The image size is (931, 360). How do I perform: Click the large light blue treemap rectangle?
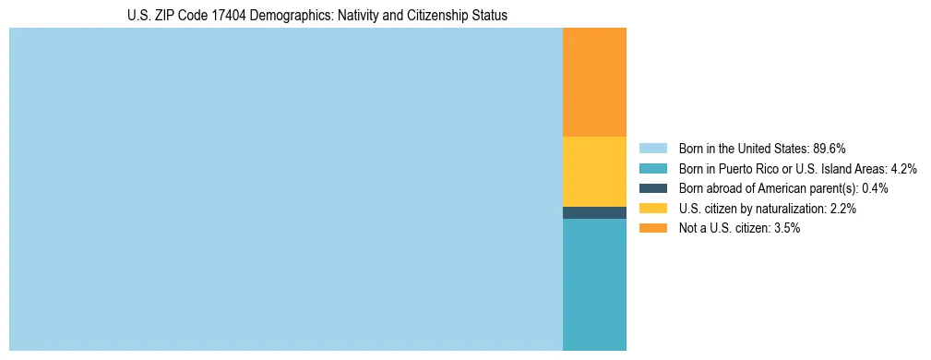tap(285, 189)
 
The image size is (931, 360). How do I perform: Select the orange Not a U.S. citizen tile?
tap(594, 82)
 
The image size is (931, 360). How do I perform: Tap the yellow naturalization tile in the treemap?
tap(594, 171)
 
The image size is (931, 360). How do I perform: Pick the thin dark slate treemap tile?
tap(594, 212)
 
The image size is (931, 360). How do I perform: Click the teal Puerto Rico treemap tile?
tap(594, 284)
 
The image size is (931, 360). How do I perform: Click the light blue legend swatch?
tap(652, 148)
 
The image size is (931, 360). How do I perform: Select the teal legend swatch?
tap(652, 168)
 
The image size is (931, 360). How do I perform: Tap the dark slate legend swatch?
tap(652, 188)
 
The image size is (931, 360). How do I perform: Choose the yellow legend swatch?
tap(652, 209)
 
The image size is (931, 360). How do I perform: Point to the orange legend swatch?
tap(652, 228)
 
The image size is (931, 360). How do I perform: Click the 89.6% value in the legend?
tap(830, 148)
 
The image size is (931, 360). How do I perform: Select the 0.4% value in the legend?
tap(875, 188)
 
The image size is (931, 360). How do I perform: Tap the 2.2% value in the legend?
tap(843, 209)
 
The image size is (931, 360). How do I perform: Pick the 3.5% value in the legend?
tap(786, 228)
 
